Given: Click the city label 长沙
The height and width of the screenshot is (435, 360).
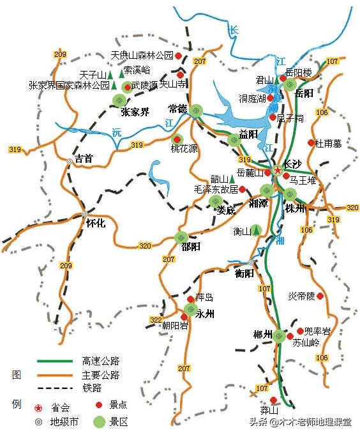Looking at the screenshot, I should [293, 164].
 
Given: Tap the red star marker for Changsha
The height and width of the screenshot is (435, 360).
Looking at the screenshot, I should [278, 171].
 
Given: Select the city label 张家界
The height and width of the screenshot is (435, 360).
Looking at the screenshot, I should [135, 112].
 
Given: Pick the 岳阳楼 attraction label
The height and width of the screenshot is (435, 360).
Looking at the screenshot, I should [298, 72].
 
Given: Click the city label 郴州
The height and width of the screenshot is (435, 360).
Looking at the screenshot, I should [262, 335].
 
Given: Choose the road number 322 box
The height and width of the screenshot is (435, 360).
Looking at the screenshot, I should [155, 319].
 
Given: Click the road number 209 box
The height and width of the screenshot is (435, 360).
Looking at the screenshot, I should [61, 55].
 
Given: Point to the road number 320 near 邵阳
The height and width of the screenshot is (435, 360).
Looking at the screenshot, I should [145, 246].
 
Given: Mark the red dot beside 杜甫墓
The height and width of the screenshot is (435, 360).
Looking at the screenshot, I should [311, 143].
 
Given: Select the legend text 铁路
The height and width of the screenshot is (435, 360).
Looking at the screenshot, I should [92, 388].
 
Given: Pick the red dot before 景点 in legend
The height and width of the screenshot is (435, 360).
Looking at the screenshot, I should [98, 405].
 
